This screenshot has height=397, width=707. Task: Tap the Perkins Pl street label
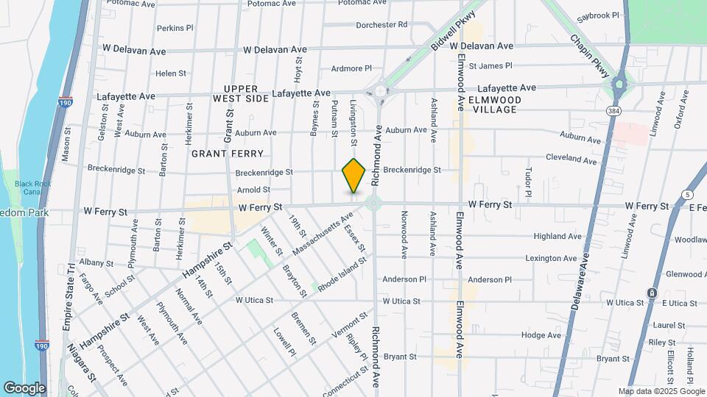coord(175,29)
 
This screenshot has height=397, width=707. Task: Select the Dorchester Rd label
coord(381,24)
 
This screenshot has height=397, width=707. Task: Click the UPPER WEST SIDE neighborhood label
coord(241,93)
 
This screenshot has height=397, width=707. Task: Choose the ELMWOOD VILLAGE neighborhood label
coord(494,104)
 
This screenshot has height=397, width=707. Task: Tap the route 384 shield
coord(613,110)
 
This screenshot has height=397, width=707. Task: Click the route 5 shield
coord(687,194)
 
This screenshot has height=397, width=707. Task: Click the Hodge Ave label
coord(541,335)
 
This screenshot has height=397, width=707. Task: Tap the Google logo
coord(24,388)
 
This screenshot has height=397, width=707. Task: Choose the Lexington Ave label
coord(549,259)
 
